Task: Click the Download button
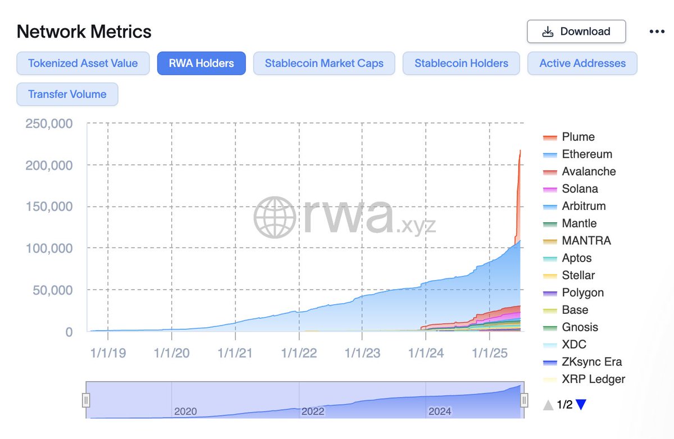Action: pos(576,31)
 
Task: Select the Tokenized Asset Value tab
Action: pos(83,63)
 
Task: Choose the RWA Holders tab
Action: pos(201,63)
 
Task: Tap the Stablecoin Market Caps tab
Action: pos(324,63)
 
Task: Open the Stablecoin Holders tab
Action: pos(461,63)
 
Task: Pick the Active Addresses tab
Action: pos(582,63)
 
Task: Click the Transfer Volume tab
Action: pos(67,94)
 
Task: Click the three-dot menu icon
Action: pos(657,31)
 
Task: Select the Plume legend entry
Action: pos(578,137)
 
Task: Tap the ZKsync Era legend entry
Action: pos(591,362)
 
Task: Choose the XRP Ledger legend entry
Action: pos(593,379)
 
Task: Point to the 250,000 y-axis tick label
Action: pos(49,124)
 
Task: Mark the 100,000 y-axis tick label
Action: pos(49,248)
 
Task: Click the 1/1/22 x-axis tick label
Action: pos(299,353)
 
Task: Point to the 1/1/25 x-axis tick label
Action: pos(490,353)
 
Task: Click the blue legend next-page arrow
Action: pos(581,404)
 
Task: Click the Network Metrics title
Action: pos(84,31)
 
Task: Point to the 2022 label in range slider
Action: pos(313,411)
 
